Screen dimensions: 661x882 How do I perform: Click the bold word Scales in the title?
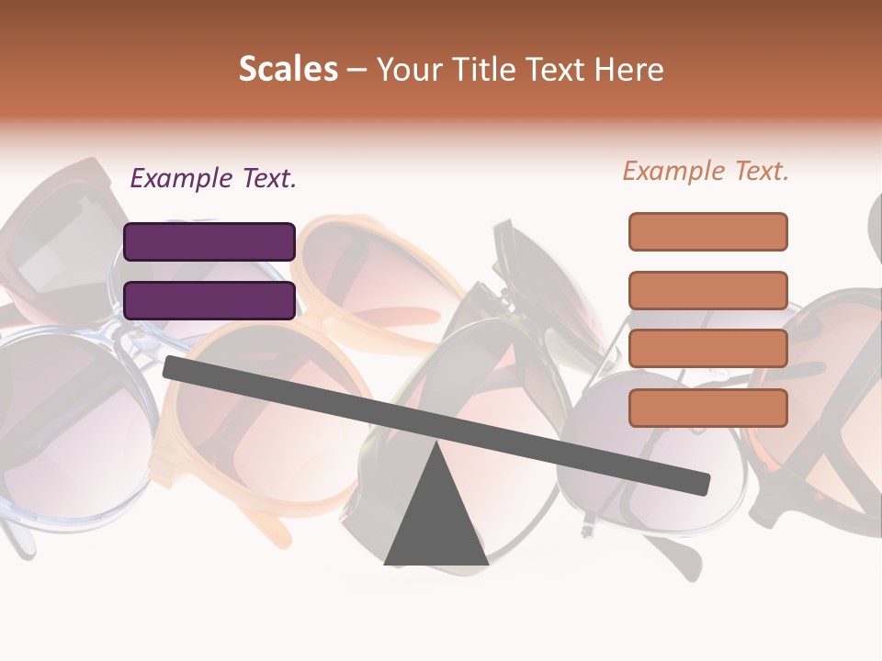tap(288, 70)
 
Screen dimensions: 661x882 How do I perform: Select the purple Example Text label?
tap(213, 178)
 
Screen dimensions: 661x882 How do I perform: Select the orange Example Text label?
tap(706, 171)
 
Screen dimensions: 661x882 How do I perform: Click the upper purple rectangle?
tap(209, 241)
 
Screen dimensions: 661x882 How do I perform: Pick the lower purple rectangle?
tap(209, 300)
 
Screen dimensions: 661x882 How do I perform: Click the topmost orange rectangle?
tap(708, 231)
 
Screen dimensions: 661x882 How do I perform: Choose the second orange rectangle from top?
tap(708, 290)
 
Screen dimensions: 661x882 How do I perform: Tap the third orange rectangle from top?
tap(708, 348)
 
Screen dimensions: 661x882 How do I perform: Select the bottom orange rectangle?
tap(708, 408)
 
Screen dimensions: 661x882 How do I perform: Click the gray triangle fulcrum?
tap(436, 519)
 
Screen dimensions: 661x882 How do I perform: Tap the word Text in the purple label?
tap(268, 178)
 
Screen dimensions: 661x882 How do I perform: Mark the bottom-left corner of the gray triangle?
tap(386, 563)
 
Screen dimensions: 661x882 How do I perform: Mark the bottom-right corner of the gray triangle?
tap(487, 563)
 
